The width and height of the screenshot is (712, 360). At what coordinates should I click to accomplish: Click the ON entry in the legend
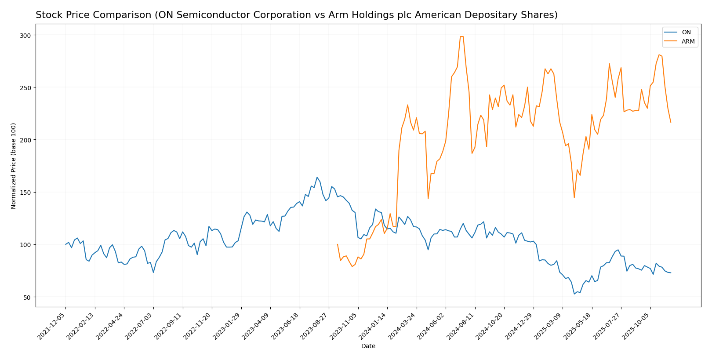(x=686, y=33)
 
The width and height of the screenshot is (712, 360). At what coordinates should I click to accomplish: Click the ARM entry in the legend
(x=688, y=42)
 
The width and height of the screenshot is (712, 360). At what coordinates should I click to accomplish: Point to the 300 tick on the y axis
(x=27, y=35)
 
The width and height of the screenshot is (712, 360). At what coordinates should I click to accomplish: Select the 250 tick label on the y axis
(x=27, y=87)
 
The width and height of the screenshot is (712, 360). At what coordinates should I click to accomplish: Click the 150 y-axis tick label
(x=27, y=193)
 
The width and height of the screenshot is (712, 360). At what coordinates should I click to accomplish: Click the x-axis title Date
(x=368, y=346)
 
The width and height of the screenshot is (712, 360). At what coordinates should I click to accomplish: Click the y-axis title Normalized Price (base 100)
(x=14, y=166)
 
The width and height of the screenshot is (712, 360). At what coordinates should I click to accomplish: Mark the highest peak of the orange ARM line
(x=461, y=36)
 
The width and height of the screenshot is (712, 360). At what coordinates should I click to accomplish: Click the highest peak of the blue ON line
(x=317, y=177)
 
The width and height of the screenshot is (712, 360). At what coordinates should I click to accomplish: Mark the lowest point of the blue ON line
(x=574, y=294)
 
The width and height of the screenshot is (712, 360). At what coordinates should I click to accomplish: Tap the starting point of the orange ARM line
(x=337, y=244)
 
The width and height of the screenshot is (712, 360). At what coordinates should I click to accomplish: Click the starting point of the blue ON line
(x=65, y=244)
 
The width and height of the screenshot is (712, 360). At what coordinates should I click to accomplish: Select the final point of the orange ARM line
(x=671, y=122)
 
